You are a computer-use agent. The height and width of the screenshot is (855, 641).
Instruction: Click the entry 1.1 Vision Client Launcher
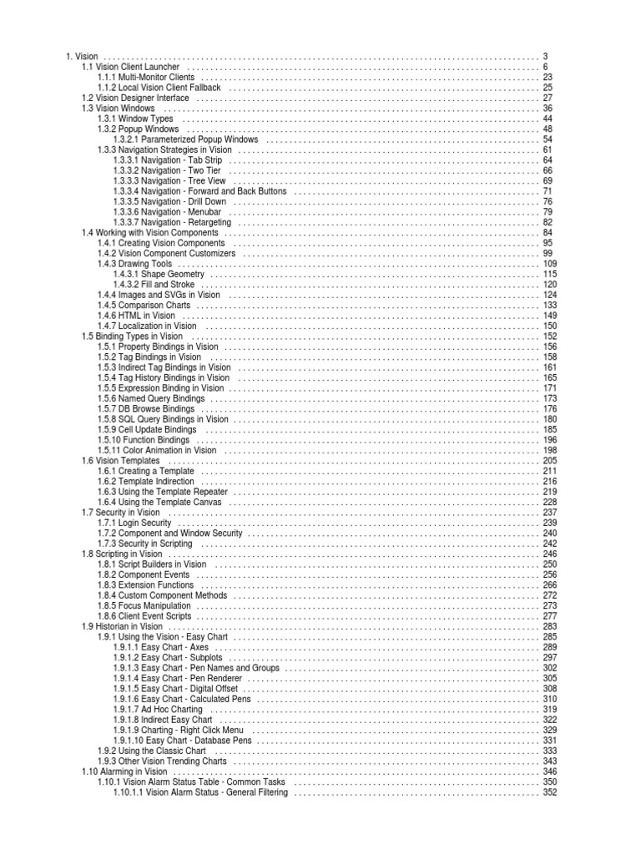[130, 66]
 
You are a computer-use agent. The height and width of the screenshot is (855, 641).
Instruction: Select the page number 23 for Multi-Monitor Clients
[548, 77]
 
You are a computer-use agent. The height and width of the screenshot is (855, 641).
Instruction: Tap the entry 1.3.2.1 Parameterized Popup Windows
[185, 139]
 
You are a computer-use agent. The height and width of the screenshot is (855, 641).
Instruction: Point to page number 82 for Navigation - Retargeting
[548, 222]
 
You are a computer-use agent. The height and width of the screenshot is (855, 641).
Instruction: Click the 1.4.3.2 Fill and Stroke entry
[154, 285]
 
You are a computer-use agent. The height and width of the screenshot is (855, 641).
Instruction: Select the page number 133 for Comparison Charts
[549, 306]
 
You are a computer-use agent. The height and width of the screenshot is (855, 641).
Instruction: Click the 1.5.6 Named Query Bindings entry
[150, 399]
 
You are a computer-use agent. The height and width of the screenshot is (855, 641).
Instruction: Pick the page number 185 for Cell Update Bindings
[549, 430]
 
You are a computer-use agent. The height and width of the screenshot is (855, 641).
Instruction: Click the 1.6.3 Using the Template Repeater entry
[162, 492]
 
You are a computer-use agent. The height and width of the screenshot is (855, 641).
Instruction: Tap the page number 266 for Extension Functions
[549, 585]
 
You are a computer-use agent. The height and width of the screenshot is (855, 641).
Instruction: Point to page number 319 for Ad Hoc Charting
[549, 710]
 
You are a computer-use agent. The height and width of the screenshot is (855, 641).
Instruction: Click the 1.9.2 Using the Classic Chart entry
[152, 751]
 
